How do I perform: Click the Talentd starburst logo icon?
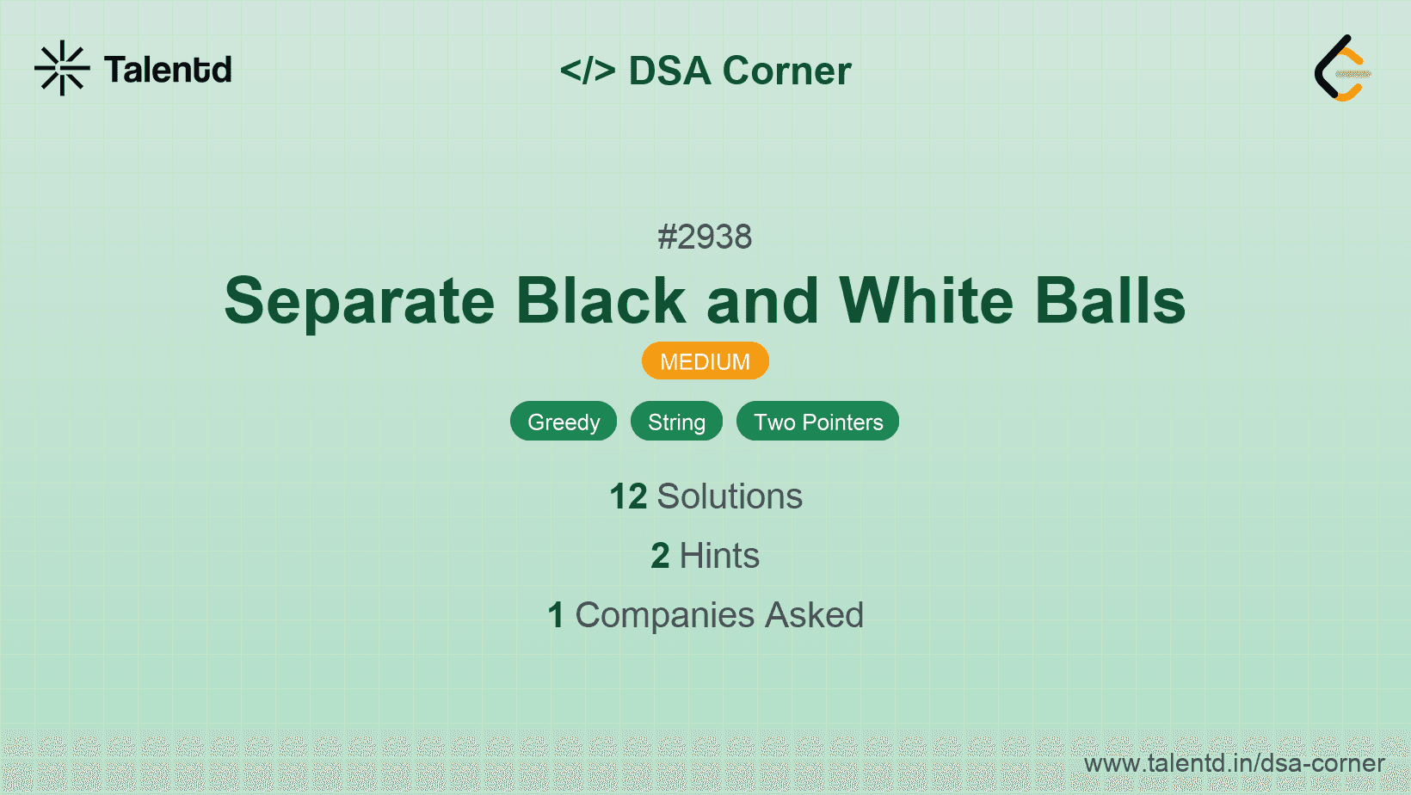(62, 68)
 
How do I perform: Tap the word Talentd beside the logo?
(168, 70)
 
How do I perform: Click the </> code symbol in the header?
(588, 70)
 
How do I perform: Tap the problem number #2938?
(705, 237)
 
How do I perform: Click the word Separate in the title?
(359, 302)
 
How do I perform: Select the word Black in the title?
(601, 300)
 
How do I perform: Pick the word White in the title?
(927, 300)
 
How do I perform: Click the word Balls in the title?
(1110, 300)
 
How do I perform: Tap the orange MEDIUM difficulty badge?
(705, 361)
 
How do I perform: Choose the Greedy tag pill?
(564, 422)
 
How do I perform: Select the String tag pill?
(676, 422)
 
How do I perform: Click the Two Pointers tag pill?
(817, 422)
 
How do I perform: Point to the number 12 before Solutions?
(628, 496)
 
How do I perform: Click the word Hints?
(719, 556)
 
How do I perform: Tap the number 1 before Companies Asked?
(556, 615)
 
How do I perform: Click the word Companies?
(664, 616)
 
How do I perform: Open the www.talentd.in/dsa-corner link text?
(1234, 763)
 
